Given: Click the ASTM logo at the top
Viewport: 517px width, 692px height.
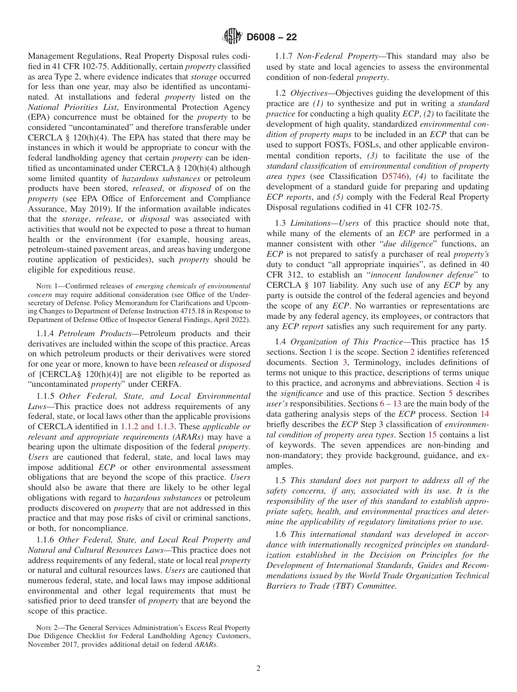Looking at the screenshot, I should tap(233, 37).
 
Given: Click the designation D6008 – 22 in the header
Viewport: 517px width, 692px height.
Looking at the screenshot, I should tap(272, 38).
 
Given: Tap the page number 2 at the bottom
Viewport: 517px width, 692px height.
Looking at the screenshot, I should tap(258, 668).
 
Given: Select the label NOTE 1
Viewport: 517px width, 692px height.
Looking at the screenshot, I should tap(44, 286).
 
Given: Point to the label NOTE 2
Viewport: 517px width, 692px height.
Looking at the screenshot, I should tap(44, 628).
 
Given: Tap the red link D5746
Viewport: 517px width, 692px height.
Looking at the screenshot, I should tap(391, 176).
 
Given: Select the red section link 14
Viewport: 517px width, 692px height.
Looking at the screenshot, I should tap(484, 413).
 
